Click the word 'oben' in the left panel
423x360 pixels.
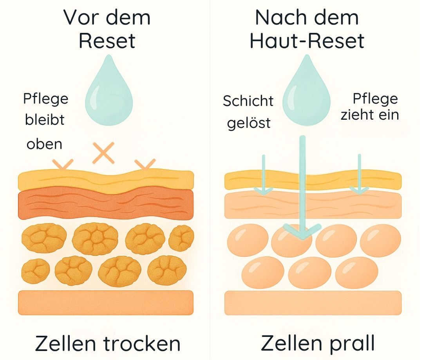click(x=44, y=144)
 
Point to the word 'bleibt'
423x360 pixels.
click(x=45, y=120)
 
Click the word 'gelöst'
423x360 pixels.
click(x=249, y=123)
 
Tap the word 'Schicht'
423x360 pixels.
click(x=248, y=101)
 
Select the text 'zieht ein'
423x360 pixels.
click(x=370, y=115)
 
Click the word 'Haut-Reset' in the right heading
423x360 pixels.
click(x=307, y=41)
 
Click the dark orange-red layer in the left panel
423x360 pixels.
click(x=106, y=204)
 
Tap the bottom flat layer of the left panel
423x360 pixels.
click(x=106, y=302)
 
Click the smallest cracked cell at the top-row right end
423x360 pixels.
click(x=181, y=238)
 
